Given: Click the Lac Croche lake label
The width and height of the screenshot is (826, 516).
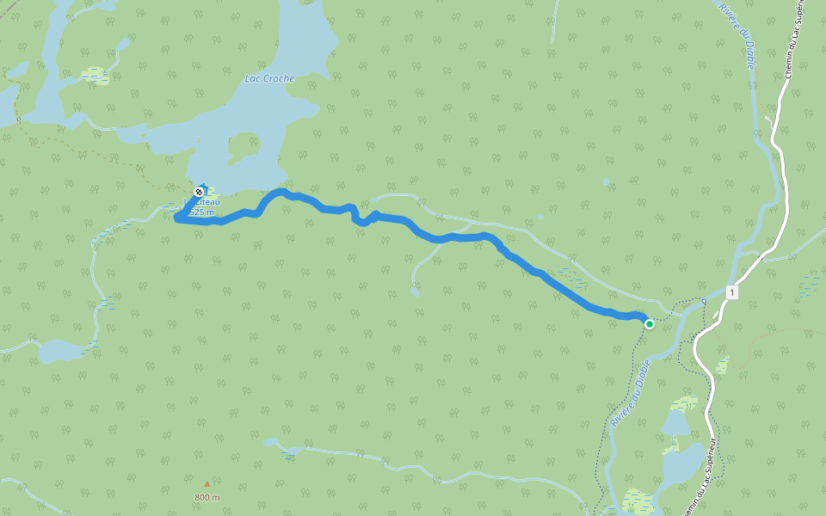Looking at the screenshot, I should coord(269,78).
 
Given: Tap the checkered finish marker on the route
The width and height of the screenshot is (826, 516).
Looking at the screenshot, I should coord(200,191).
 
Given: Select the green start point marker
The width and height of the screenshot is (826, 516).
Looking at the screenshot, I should coord(650,324).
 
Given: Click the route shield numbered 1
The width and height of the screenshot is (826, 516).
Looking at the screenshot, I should coord(731,292).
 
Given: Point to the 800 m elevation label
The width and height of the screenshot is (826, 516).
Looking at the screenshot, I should coord(206,497).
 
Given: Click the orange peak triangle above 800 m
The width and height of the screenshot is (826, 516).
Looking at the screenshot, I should coord(206,484).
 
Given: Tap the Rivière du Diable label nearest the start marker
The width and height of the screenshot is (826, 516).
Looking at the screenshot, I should coord(629,395).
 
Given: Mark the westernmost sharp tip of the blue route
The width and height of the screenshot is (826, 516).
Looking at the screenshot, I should coord(176,219).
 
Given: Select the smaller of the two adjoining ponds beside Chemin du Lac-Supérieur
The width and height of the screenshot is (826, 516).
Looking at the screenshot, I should coord(675,422).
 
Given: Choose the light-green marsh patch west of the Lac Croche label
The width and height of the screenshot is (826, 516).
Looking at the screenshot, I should coord(96,76).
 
